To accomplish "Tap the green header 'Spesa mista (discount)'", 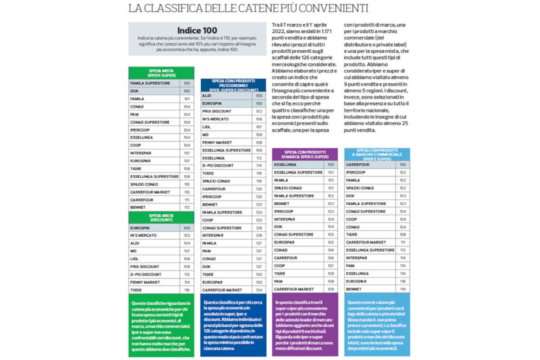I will (x=162, y=218).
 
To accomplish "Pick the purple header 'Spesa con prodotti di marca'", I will (x=305, y=154).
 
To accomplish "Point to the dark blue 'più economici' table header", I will (x=233, y=85).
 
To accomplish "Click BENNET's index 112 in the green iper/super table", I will (x=187, y=207).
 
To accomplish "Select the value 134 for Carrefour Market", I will (x=259, y=290).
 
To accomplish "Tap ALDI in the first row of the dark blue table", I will (x=207, y=96).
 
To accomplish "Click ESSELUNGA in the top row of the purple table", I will (x=285, y=165).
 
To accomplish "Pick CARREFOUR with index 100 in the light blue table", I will (x=358, y=165).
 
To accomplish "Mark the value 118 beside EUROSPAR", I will (x=402, y=281).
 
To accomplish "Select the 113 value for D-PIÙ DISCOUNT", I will (x=187, y=274).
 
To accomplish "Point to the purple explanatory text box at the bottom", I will (x=305, y=325).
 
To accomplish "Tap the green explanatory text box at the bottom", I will (x=162, y=325).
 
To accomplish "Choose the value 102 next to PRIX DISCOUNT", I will (x=259, y=111).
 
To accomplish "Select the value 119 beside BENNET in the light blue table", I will (x=402, y=289).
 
